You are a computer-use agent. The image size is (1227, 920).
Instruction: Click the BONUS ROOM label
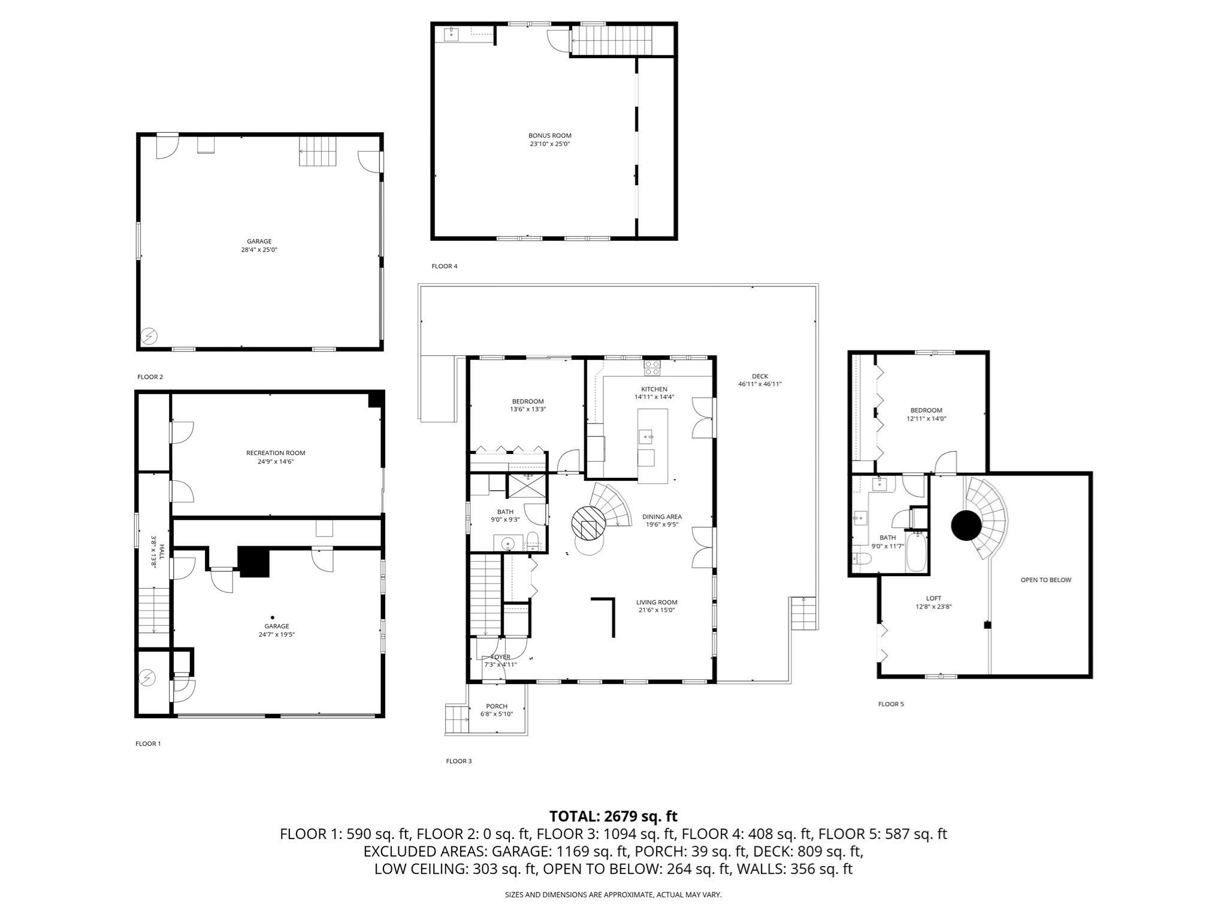pos(549,136)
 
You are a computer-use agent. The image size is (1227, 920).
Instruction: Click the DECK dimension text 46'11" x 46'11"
pos(760,385)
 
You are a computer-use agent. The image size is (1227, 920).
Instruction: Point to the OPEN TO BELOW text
pos(1045,580)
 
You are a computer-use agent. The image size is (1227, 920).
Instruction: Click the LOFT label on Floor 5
pos(933,598)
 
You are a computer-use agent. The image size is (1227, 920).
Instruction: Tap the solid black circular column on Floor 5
pos(966,525)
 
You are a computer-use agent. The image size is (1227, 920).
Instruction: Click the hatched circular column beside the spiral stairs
pos(587,522)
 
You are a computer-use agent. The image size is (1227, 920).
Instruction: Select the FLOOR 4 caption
pos(444,266)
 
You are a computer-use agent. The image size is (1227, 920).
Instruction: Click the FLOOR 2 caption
pos(150,377)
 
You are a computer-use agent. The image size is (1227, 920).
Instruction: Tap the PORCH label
pos(497,706)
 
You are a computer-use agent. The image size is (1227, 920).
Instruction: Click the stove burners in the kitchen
pos(652,368)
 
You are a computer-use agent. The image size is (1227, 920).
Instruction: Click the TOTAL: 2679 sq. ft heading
pos(613,816)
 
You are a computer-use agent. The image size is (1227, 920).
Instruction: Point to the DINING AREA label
pos(662,517)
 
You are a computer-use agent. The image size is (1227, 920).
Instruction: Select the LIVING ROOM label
pos(657,603)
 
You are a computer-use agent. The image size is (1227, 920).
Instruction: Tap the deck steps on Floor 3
pos(803,613)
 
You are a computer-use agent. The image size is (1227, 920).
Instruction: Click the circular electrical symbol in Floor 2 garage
pos(149,337)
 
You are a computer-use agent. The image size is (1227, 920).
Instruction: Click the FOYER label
pos(500,657)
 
